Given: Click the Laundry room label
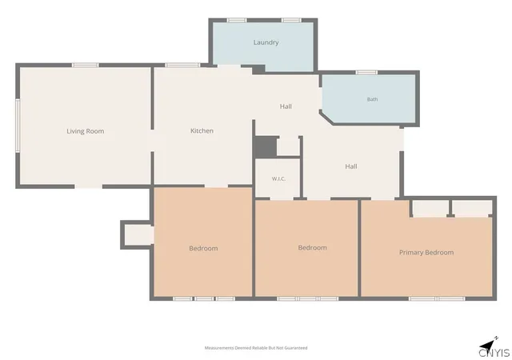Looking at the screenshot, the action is point(266,42).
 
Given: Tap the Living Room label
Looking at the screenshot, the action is point(86,131).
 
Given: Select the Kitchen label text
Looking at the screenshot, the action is point(202,130).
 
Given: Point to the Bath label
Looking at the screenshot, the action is point(372,99).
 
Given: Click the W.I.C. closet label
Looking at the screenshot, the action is point(278,178).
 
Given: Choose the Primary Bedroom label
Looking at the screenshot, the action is point(426,253).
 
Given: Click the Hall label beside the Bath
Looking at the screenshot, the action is point(286,106).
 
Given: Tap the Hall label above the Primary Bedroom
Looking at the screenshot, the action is point(351,166).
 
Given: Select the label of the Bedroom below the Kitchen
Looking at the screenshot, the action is point(203,248).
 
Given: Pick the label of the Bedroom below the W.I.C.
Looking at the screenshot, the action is point(312,248).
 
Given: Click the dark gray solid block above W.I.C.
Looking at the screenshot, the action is point(266,146).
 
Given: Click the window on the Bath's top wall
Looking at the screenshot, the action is point(366,73).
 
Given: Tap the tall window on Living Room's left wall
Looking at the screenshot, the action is point(18,126).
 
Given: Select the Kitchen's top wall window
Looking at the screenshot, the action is point(182,65).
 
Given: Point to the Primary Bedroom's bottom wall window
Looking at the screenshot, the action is point(437,298).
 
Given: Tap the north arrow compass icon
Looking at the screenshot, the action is point(488,344).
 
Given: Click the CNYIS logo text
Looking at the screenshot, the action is point(494,353).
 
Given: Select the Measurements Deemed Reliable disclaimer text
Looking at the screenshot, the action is point(256,348).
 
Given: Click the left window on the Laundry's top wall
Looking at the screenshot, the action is point(237,20).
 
